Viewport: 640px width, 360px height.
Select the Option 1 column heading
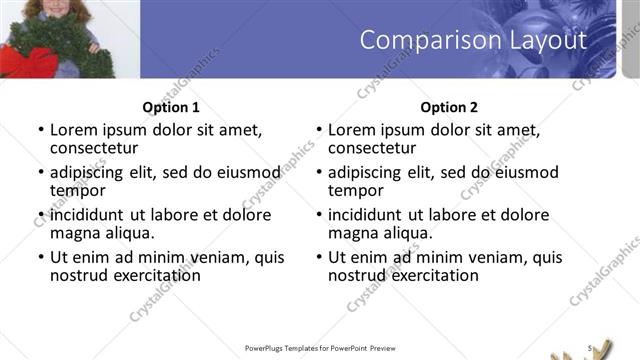[172, 107]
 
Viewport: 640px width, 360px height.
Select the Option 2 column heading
[449, 107]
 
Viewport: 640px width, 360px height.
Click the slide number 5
[591, 347]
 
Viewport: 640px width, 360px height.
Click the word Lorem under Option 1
[74, 130]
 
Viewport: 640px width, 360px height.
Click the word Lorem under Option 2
[352, 130]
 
